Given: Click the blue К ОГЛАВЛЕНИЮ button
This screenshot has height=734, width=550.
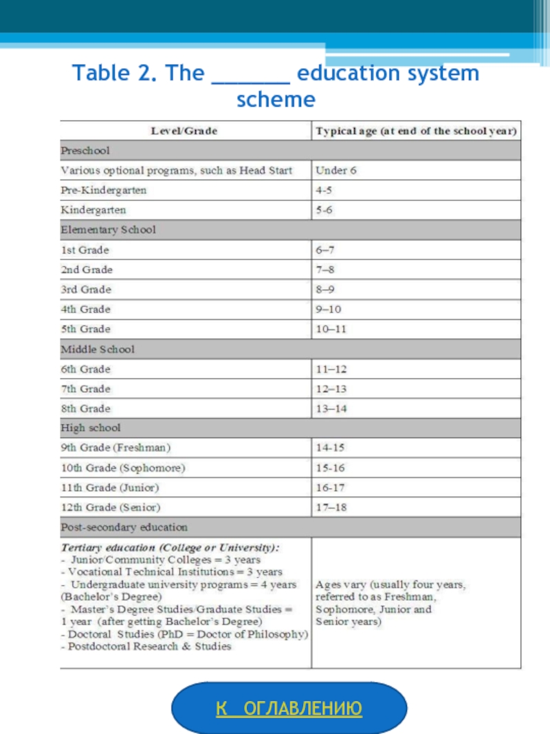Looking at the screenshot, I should coord(289,708).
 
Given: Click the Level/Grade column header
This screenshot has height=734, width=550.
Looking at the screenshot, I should coord(184,131).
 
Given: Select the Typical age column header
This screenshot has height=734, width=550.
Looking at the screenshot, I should coord(416,131).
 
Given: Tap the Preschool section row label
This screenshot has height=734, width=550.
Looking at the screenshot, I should coord(85,150).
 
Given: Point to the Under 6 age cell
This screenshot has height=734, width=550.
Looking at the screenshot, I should coord(336,170).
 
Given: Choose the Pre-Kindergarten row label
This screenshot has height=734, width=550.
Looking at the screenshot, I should coord(104,190).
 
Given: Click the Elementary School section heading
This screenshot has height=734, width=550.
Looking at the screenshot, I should coord(109,230).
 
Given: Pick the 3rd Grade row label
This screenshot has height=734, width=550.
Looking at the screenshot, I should coord(86,290).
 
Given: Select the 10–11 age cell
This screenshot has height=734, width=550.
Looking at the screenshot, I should coord(331,330).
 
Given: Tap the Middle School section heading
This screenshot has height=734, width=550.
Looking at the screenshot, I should coord(98,349).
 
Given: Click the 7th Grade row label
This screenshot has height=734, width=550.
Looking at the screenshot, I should coord(86,389).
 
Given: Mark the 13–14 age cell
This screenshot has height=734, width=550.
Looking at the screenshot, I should coord(331,409).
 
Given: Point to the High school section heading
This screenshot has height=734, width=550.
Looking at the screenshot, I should coord(91,428).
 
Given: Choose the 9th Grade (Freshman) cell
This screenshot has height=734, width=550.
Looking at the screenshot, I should coord(116,448).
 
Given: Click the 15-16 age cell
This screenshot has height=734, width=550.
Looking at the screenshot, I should coord(330,468).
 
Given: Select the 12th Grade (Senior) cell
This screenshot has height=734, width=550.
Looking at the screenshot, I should coord(111,508).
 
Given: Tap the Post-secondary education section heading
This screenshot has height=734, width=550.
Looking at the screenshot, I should coord(124,528).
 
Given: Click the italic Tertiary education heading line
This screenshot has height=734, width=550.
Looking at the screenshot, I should coord(170,548).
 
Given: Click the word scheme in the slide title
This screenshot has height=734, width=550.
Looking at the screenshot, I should coord(276,100).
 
